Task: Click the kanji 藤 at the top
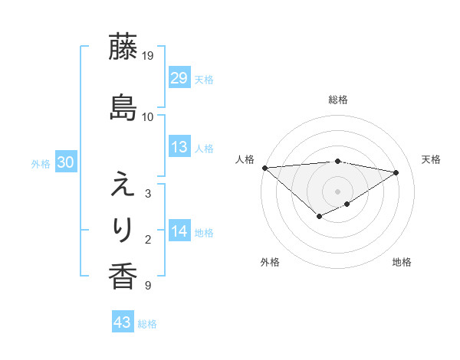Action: point(123,47)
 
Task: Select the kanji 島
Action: point(123,108)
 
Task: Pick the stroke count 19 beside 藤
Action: point(148,56)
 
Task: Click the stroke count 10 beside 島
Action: point(148,117)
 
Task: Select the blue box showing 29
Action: point(179,78)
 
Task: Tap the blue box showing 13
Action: point(179,147)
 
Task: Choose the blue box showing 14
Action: point(179,231)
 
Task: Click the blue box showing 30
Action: point(65,162)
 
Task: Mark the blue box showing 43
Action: point(122,322)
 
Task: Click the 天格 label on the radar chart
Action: point(431,159)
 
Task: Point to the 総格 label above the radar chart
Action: point(338,100)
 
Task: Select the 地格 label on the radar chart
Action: point(402,262)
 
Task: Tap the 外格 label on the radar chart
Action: point(270,262)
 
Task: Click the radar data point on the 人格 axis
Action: point(264,168)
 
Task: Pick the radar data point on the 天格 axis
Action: point(396,172)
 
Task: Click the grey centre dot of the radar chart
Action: point(337,191)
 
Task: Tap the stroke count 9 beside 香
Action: point(148,286)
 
